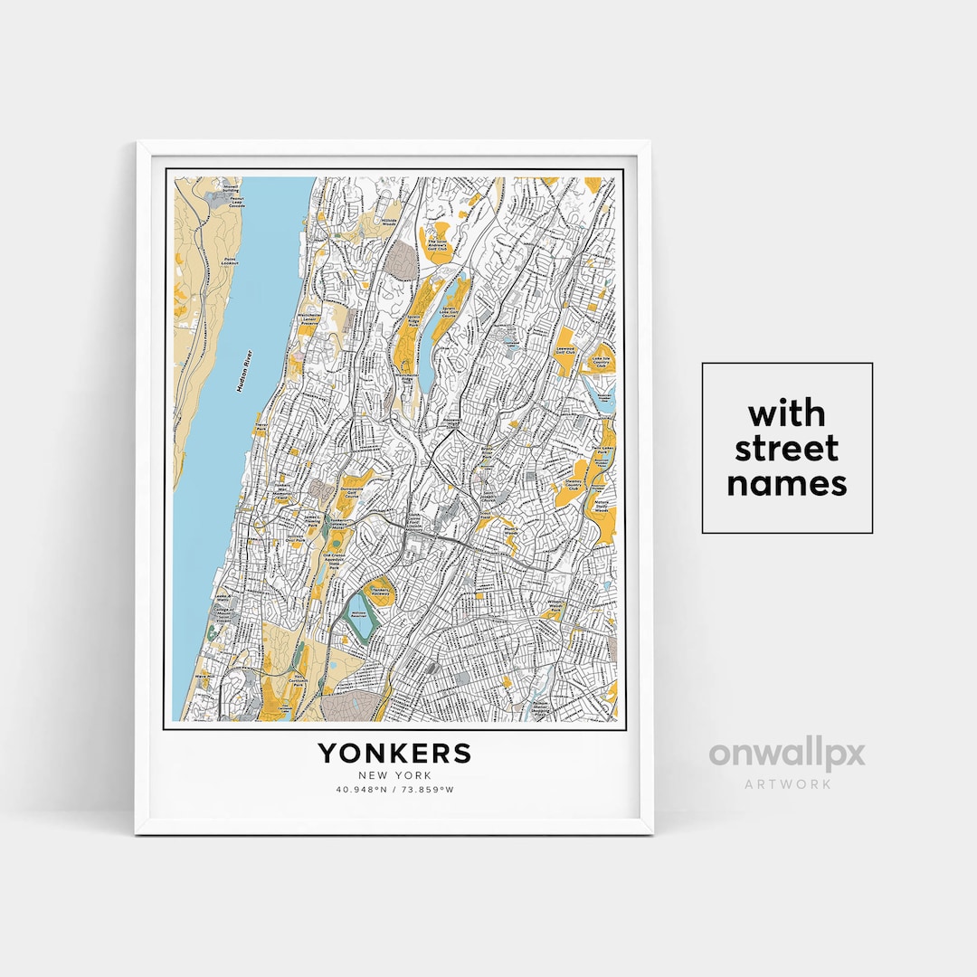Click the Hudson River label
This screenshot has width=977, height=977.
[x=242, y=371]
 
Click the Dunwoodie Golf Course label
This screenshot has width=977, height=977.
[x=352, y=497]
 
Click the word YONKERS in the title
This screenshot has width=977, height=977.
[x=394, y=753]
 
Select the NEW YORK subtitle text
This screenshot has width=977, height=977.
[x=394, y=775]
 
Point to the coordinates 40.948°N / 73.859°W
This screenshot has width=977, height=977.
[x=394, y=791]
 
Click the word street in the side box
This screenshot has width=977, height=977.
[x=787, y=449]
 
